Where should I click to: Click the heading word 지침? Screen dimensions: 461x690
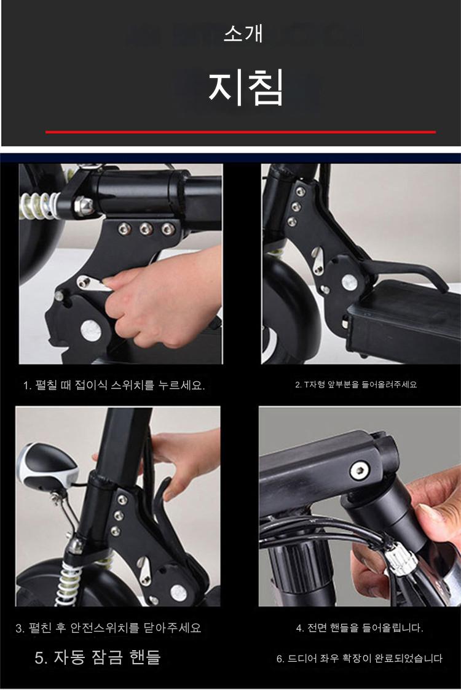[245, 87]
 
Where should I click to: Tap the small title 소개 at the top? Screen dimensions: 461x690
[243, 33]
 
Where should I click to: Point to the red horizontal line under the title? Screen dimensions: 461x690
[240, 131]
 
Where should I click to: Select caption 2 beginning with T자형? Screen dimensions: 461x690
[356, 384]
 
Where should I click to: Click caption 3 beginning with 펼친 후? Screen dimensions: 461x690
[108, 627]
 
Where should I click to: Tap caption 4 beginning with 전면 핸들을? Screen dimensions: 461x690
[360, 627]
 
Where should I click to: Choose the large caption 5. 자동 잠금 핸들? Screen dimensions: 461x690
[97, 657]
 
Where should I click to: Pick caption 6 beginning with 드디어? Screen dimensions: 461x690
[359, 658]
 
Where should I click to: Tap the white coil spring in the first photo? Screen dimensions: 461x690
[39, 206]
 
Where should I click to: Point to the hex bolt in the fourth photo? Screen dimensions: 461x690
[359, 471]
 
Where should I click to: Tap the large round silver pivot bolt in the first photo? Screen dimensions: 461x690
[91, 329]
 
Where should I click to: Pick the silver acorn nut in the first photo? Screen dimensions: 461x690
[84, 204]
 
